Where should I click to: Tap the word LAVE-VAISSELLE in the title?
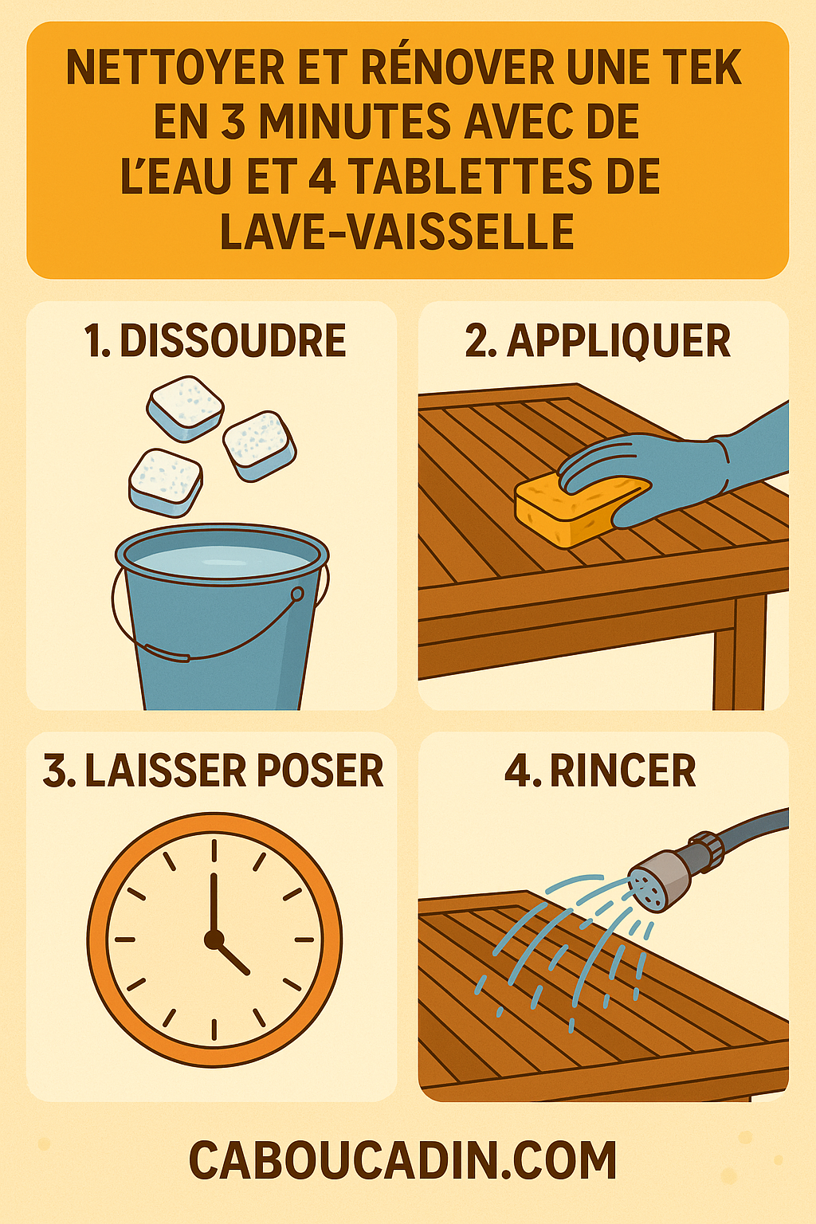tap(397, 232)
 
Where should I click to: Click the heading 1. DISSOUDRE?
tap(215, 341)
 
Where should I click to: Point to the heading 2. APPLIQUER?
tap(598, 341)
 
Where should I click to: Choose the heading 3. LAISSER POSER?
tap(213, 771)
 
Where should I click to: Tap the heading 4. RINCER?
tap(600, 771)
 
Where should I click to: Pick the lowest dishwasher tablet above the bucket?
tap(166, 481)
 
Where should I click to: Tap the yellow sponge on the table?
tap(570, 510)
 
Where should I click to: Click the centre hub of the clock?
tap(214, 940)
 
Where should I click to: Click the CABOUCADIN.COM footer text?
tap(402, 1161)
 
